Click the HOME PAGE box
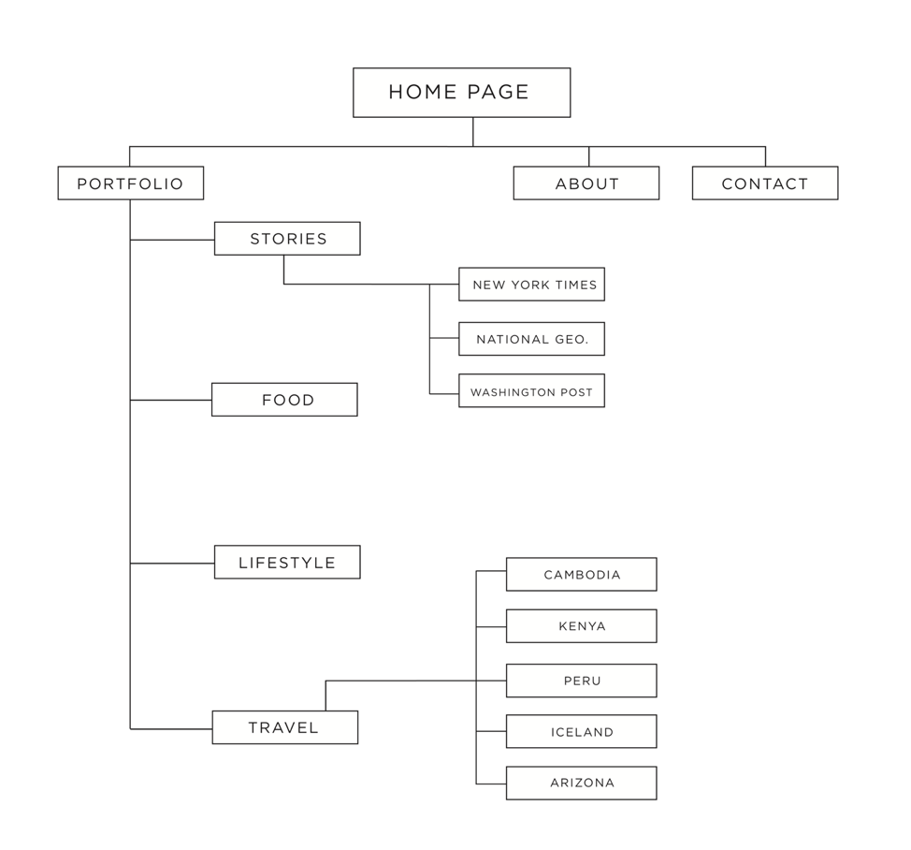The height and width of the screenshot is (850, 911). pos(461,93)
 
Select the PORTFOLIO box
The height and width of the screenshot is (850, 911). pos(130,183)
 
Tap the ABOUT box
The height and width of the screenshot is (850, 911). pos(586,183)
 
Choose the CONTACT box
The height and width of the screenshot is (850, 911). pos(764,183)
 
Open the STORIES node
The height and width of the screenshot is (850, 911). pos(287,239)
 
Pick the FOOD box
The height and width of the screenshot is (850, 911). pos(284,400)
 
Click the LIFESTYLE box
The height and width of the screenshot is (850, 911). pos(287,563)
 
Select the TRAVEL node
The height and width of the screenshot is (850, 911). pos(284,727)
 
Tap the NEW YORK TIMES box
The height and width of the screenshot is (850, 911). pos(531,285)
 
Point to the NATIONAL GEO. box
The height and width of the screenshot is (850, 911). pos(531,339)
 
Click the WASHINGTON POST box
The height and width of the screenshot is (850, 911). pos(531,391)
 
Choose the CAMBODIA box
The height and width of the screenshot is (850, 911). pos(581,575)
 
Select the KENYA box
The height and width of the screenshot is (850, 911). pos(581,626)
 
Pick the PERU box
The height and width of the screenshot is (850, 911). pos(581,681)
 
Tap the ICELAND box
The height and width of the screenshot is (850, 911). pos(581,732)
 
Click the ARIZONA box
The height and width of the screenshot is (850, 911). pos(581,784)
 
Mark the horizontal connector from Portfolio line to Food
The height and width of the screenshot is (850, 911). pos(170,400)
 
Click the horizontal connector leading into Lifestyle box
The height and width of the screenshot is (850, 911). pos(172,564)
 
